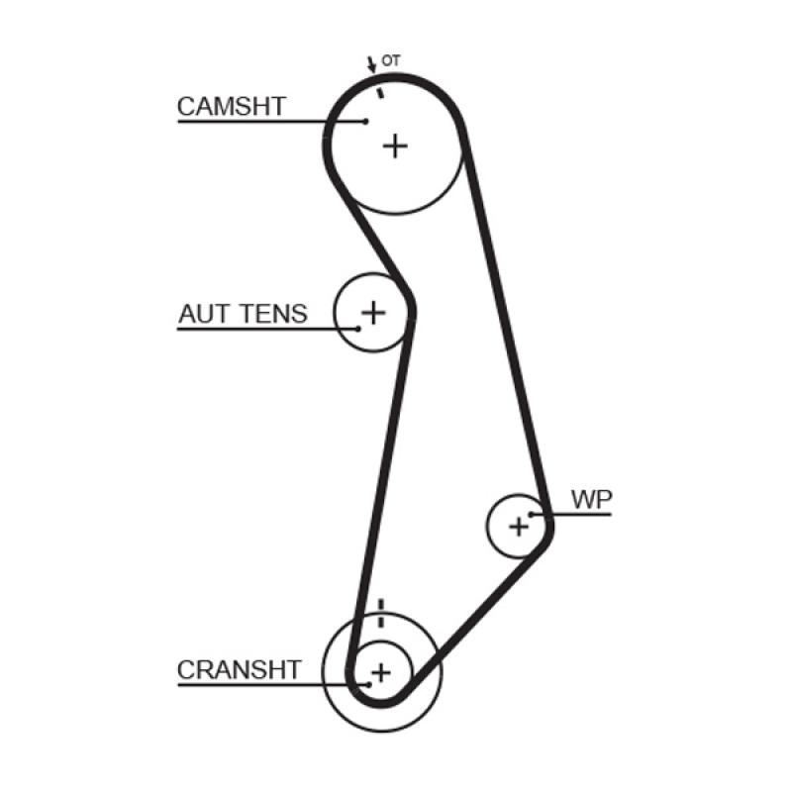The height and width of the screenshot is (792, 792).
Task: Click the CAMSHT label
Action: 232,106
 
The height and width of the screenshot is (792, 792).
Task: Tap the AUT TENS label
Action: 243,314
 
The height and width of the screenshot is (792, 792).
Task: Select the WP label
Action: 591,500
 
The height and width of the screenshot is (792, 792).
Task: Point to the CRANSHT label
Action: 238,669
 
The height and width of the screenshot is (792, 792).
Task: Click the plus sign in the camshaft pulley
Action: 395,147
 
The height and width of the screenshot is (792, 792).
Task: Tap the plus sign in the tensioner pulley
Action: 372,313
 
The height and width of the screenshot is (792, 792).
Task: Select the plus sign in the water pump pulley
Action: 519,526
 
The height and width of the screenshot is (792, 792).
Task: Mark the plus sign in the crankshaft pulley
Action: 381,672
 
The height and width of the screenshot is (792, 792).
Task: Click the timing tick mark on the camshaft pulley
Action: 378,91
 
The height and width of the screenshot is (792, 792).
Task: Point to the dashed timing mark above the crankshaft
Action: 381,613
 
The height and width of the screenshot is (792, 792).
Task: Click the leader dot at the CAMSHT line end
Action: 365,121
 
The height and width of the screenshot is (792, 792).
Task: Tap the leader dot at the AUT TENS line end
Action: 359,328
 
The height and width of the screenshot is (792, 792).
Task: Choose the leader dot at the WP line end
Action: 533,514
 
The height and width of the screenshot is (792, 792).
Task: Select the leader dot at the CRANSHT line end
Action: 368,683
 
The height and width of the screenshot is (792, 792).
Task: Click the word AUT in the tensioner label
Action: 204,314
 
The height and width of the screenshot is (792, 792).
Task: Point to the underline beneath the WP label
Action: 584,514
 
